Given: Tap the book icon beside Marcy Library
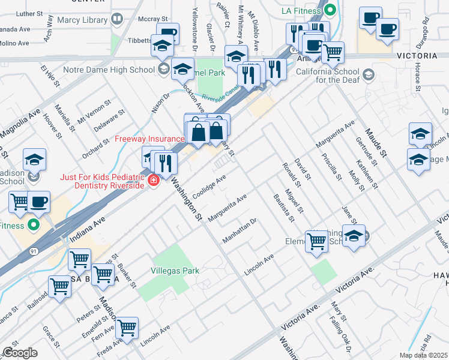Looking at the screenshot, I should click(x=116, y=20).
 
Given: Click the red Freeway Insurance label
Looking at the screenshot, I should click(x=149, y=139).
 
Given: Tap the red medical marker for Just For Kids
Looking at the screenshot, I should click(x=154, y=179).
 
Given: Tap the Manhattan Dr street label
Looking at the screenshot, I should click(x=239, y=230).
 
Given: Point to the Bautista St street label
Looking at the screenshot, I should click(x=282, y=208).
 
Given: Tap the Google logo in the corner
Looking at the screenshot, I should click(x=20, y=352).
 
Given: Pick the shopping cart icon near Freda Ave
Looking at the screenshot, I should click(x=127, y=328).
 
